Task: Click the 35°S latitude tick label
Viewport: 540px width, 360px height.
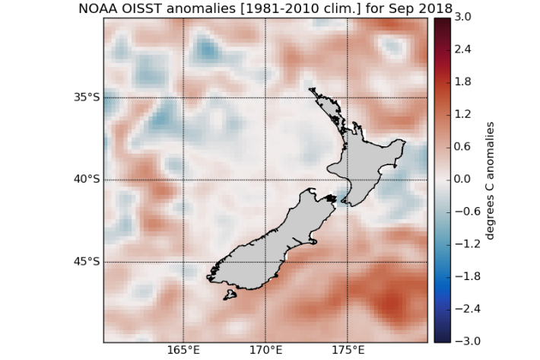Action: coord(87,97)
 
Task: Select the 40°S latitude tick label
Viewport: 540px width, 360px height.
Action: coord(87,180)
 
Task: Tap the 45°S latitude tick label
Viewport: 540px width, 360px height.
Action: coord(87,262)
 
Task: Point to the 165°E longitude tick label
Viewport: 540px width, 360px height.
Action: coord(183,351)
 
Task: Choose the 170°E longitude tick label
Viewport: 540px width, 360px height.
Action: coord(265,351)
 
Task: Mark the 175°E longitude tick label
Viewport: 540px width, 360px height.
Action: coord(348,351)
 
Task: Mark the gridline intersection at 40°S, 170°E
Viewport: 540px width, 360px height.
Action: coord(265,180)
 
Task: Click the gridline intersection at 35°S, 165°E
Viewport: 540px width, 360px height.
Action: coord(183,97)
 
